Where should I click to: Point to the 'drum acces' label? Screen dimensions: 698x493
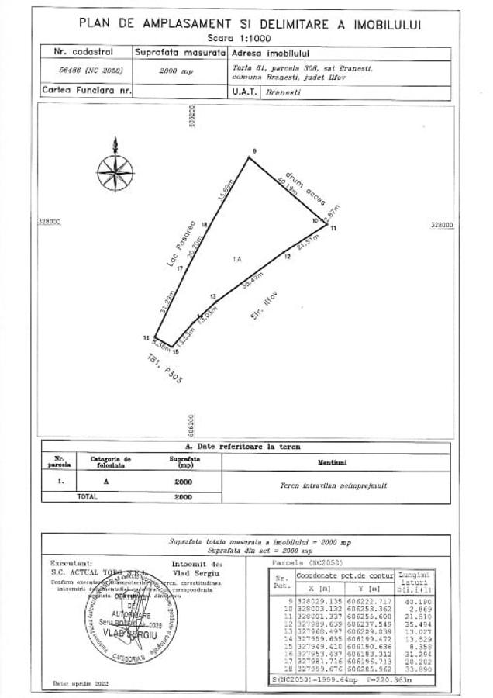click(300, 183)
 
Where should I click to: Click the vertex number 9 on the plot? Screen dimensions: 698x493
click(253, 150)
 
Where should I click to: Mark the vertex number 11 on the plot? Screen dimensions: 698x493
click(333, 230)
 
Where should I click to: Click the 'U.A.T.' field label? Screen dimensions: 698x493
click(243, 91)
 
